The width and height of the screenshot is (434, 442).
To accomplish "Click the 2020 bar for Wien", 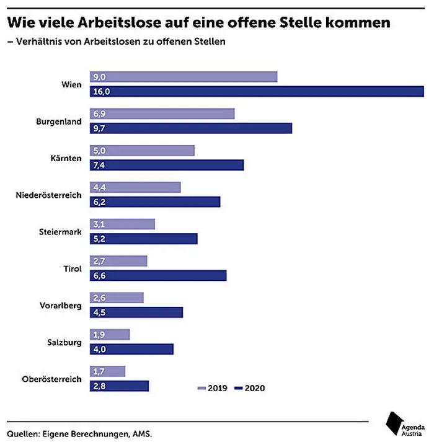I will pyautogui.click(x=257, y=92).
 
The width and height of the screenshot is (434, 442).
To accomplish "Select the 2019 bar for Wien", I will pyautogui.click(x=184, y=77).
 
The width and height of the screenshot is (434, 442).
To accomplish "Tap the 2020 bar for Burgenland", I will pyautogui.click(x=191, y=128).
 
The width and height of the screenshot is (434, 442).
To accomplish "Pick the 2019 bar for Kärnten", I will pyautogui.click(x=142, y=151).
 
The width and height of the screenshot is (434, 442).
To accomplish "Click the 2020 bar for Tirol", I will pyautogui.click(x=158, y=276).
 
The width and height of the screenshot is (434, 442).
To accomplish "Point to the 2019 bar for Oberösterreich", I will pyautogui.click(x=107, y=371).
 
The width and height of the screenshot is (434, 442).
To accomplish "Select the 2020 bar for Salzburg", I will pyautogui.click(x=131, y=349).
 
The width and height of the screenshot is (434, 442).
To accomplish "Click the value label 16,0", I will pyautogui.click(x=101, y=92).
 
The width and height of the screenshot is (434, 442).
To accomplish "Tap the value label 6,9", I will pyautogui.click(x=99, y=114).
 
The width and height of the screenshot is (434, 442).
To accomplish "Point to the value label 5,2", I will pyautogui.click(x=99, y=239).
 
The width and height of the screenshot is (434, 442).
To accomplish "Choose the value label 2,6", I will pyautogui.click(x=99, y=298).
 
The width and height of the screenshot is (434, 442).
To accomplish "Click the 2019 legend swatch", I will pyautogui.click(x=201, y=389).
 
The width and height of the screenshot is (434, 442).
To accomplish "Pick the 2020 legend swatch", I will pyautogui.click(x=237, y=389).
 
